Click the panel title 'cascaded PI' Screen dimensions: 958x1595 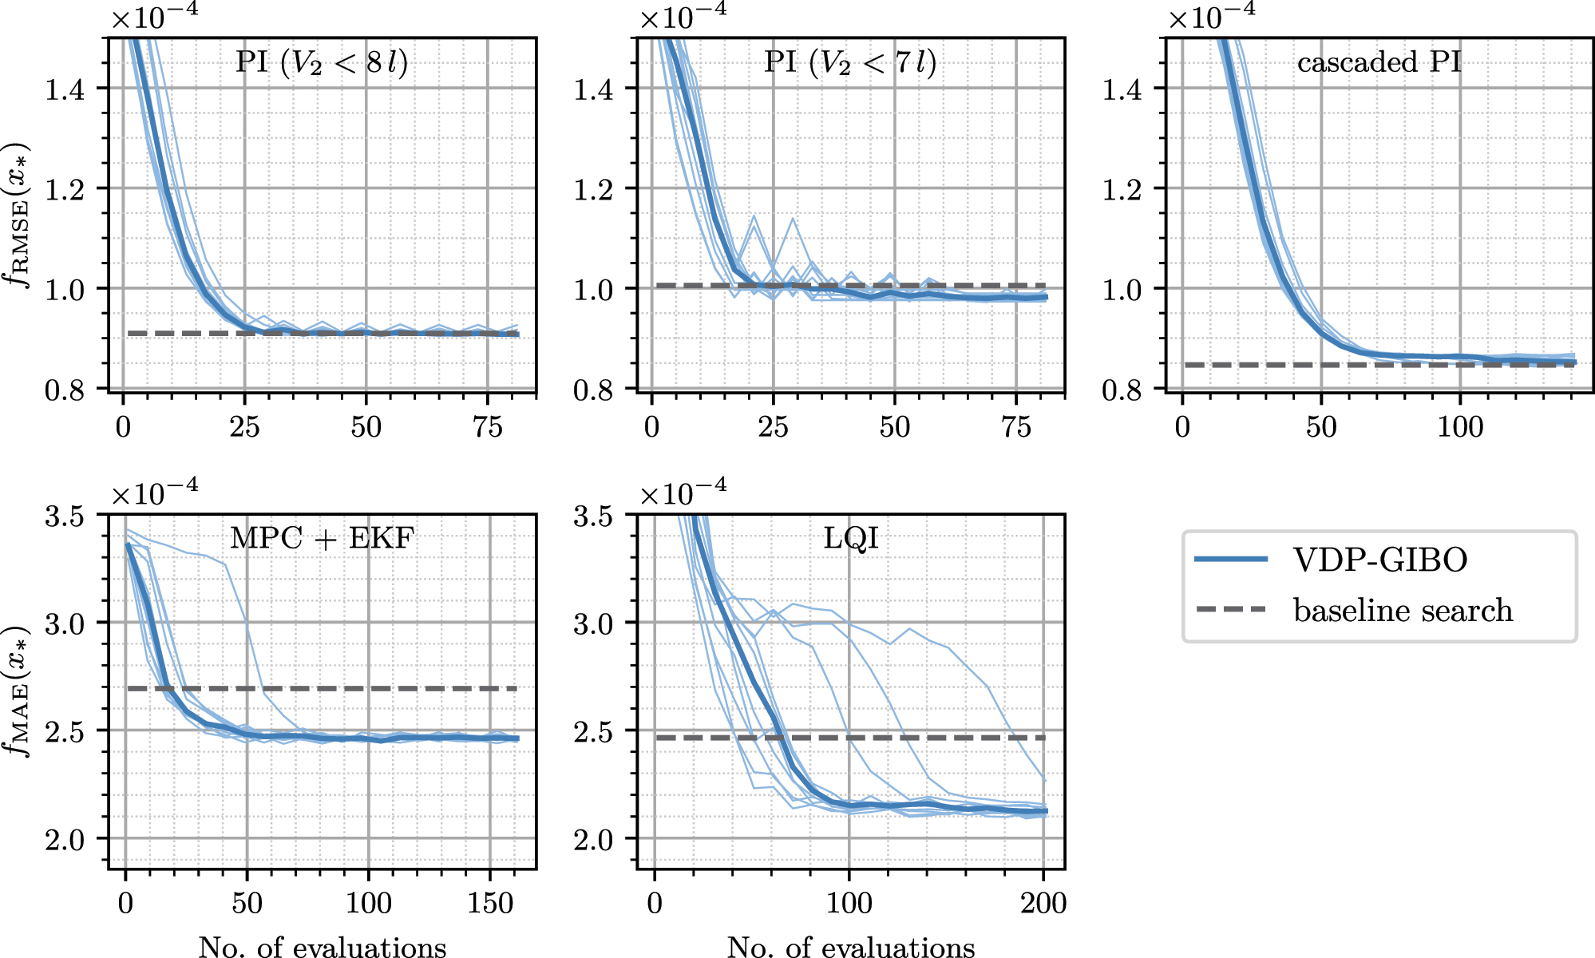point(1379,62)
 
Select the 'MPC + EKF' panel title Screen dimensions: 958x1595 point(322,538)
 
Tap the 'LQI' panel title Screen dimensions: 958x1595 point(851,538)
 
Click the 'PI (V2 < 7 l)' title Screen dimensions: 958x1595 point(850,62)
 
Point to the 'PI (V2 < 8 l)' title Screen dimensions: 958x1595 point(322,62)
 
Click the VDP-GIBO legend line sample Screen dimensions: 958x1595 point(1231,559)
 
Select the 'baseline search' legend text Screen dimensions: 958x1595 point(1403,611)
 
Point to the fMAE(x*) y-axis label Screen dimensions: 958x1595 point(18,691)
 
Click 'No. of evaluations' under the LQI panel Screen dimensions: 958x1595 point(851,947)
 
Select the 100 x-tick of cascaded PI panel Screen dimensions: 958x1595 point(1460,427)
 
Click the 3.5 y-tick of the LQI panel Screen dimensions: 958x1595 point(594,517)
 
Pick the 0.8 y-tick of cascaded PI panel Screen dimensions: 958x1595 point(1124,390)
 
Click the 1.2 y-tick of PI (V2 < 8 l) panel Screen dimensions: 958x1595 point(65,190)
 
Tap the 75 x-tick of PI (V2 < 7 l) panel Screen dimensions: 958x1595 point(1015,427)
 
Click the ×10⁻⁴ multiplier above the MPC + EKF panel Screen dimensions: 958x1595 point(154,493)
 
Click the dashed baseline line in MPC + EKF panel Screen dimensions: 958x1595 point(359,688)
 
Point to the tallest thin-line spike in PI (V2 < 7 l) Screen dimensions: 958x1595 point(793,220)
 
